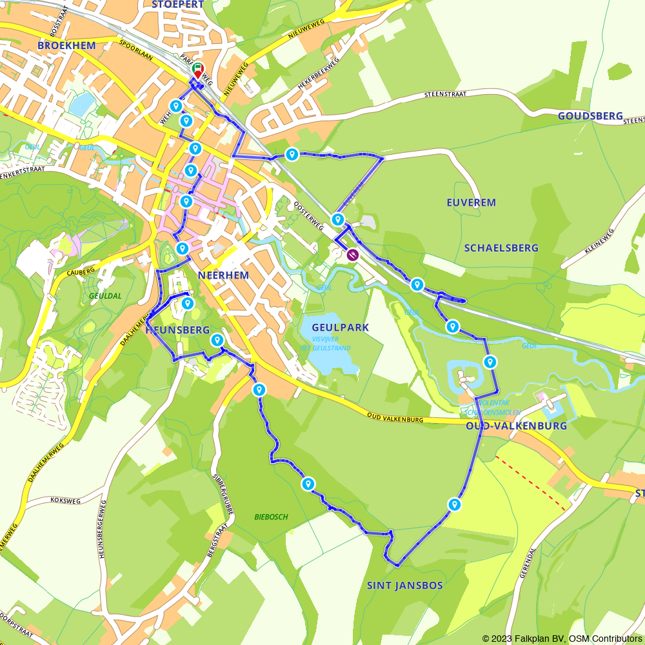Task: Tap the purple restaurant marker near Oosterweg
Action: (353, 254)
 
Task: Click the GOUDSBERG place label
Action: (590, 116)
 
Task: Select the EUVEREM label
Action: (471, 203)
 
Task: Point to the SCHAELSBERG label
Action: (501, 248)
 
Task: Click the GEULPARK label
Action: (340, 328)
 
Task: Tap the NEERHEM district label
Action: (224, 275)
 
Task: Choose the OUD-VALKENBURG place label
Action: (516, 426)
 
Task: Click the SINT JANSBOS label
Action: (405, 586)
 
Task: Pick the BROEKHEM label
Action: (66, 45)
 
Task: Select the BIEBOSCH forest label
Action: (271, 517)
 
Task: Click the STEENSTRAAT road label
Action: (444, 95)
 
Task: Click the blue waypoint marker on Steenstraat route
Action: (292, 154)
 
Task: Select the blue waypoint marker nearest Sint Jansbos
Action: (455, 504)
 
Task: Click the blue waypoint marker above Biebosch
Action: (308, 483)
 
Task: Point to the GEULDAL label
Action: (105, 295)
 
